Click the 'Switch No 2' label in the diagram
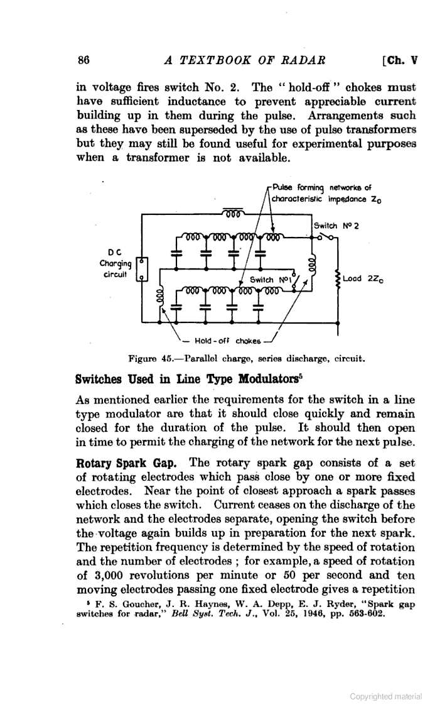(x=335, y=225)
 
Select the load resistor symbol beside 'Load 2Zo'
(x=339, y=278)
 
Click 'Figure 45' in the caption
(x=151, y=359)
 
